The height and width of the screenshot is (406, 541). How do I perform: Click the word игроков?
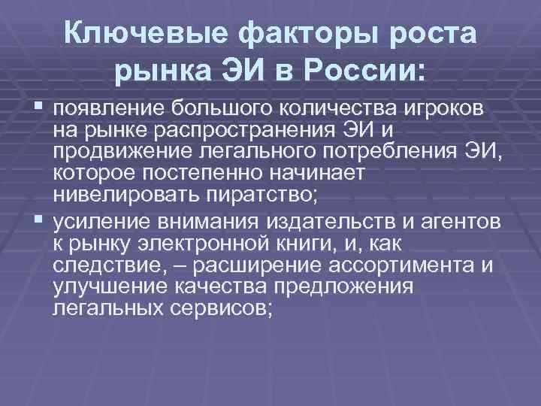point(447,111)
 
